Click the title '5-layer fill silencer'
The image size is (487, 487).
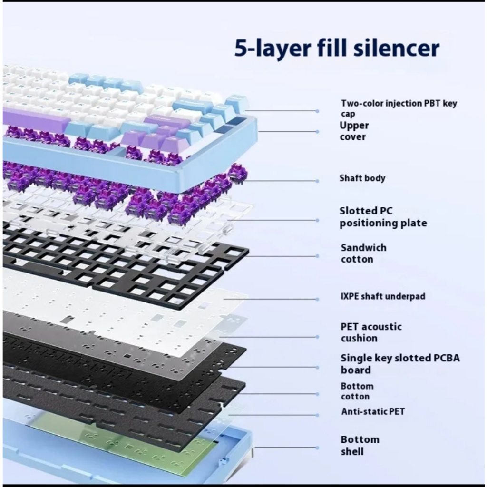[x=337, y=49]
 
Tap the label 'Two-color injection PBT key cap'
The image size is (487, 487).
[x=399, y=108]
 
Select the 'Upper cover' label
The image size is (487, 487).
[x=354, y=131]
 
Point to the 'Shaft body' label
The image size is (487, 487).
[x=362, y=178]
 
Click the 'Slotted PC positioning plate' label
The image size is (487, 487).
[x=383, y=217]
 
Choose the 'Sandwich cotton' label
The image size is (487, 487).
[x=363, y=253]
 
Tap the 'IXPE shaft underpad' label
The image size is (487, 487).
[x=383, y=296]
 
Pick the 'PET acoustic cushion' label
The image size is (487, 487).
[x=371, y=332]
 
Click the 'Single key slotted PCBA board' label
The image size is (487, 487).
[x=400, y=364]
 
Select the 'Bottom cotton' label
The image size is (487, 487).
[x=357, y=391]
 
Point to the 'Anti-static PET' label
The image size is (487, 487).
[x=373, y=411]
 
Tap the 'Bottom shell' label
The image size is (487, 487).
[x=360, y=445]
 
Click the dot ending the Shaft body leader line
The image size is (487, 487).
[x=317, y=181]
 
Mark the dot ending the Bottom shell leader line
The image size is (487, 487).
[x=317, y=448]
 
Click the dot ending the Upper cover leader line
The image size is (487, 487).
[x=317, y=131]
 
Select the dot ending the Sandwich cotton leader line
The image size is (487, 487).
[x=317, y=256]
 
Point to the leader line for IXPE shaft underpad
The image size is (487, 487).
[x=270, y=299]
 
